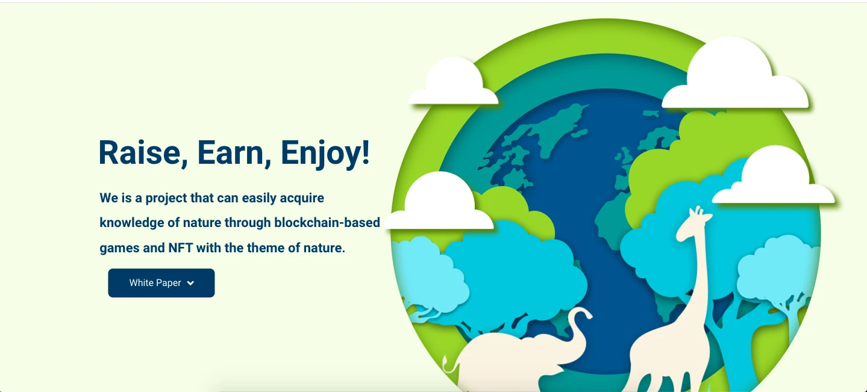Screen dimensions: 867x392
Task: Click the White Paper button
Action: click(161, 283)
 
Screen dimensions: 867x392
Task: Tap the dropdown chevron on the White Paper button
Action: click(190, 283)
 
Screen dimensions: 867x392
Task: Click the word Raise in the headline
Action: click(140, 153)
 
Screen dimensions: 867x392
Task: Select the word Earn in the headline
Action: click(231, 153)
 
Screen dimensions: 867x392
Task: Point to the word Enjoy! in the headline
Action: click(325, 154)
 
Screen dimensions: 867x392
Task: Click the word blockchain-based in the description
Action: click(327, 223)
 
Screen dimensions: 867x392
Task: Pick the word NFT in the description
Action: click(180, 247)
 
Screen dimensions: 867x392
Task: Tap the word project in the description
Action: click(166, 199)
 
